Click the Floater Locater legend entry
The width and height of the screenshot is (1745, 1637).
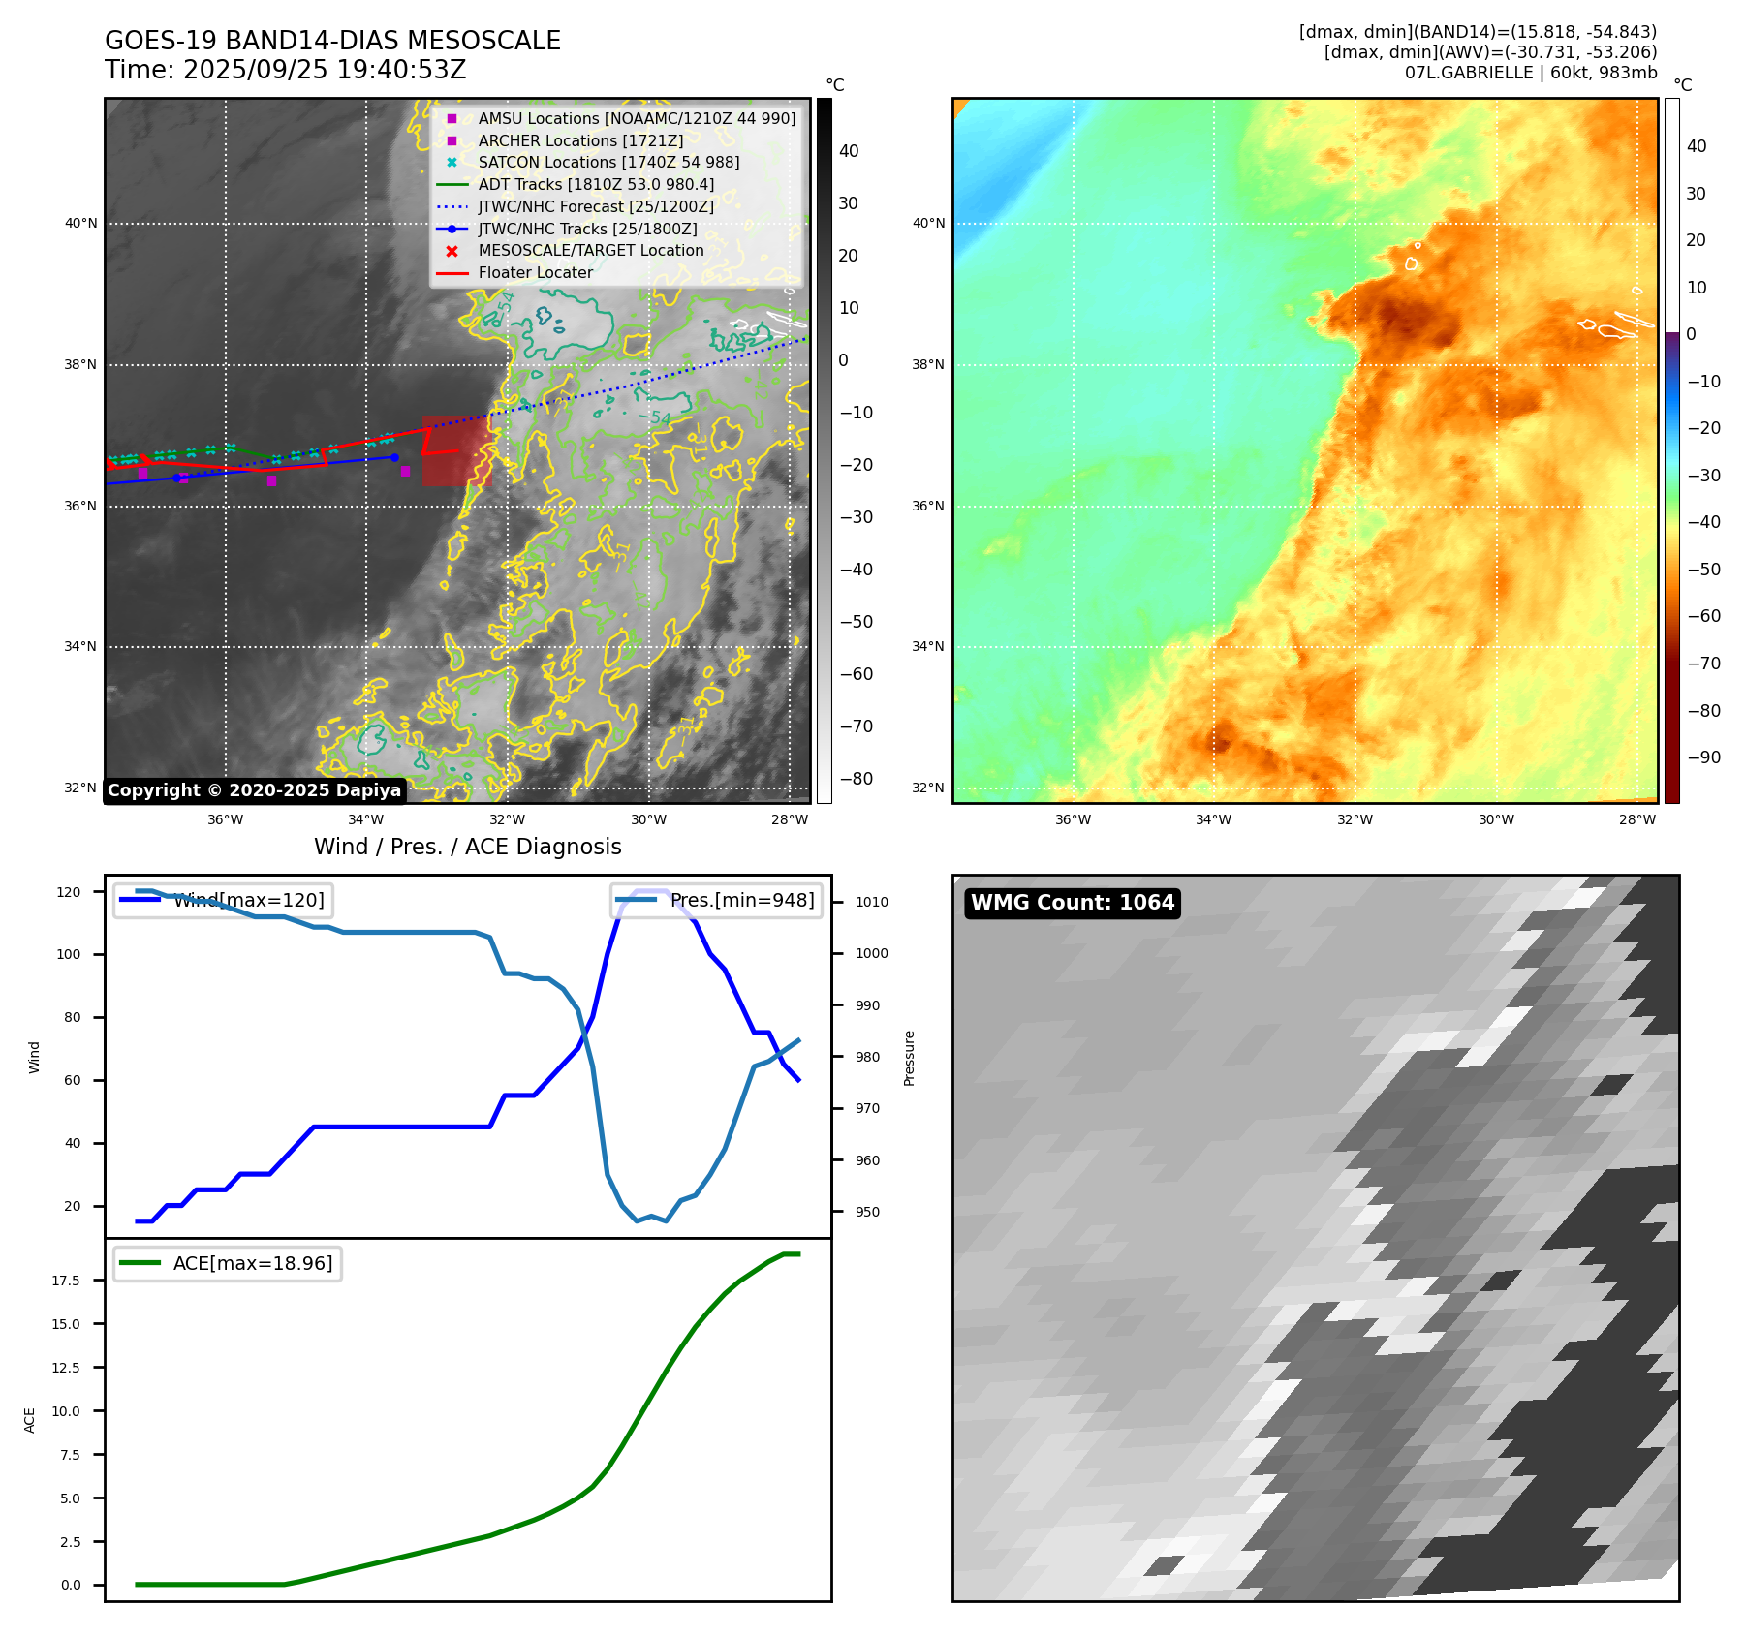tap(535, 273)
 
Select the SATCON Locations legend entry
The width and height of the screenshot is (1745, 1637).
tap(608, 163)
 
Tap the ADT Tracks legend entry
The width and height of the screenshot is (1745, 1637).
tap(596, 185)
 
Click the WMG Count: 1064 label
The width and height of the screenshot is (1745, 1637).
tap(1072, 903)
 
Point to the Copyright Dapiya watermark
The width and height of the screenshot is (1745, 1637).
tap(254, 790)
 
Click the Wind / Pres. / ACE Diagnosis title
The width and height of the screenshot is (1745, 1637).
tap(467, 847)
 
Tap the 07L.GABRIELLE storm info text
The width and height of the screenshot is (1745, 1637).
tap(1530, 73)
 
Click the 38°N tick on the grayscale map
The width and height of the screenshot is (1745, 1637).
tap(81, 365)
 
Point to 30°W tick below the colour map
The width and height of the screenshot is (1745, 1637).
tap(1496, 819)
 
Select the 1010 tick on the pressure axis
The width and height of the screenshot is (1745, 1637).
tap(871, 902)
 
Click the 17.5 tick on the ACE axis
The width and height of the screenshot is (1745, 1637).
tap(66, 1281)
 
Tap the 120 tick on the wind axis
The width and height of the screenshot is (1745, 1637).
tap(69, 892)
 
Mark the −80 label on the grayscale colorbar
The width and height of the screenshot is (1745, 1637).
tap(856, 779)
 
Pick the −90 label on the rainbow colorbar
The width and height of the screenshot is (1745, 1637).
tap(1703, 757)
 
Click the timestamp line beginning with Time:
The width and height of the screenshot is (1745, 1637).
tap(286, 71)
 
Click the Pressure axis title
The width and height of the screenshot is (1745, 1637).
tap(909, 1058)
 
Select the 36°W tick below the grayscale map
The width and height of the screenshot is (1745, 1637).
tap(226, 819)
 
